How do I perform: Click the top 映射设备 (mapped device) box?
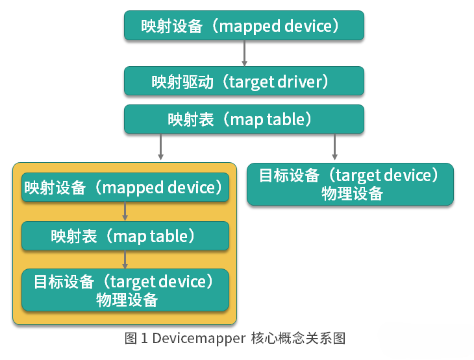pos(244,25)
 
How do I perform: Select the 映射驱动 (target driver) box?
pos(244,81)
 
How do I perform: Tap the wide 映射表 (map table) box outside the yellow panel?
pos(244,119)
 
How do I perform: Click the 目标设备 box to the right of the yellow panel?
pos(350,184)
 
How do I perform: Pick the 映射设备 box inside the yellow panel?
pos(125,187)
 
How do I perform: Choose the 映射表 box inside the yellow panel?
pos(125,236)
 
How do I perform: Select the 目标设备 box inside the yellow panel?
pos(125,290)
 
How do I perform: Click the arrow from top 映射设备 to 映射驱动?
pos(244,53)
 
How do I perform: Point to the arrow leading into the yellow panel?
pos(160,147)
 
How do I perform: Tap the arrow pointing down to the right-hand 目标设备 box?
pos(334,147)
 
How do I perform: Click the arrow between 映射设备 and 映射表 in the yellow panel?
pos(125,211)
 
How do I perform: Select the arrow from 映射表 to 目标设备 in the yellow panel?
pos(125,259)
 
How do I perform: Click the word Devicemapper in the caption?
pos(199,339)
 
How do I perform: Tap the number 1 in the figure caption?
pos(144,338)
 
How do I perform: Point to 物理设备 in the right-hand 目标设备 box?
pos(352,193)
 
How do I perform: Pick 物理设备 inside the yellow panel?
pos(127,300)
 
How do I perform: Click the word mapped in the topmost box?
pos(250,27)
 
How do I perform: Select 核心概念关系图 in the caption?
pos(298,338)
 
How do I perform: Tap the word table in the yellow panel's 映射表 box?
pos(169,236)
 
